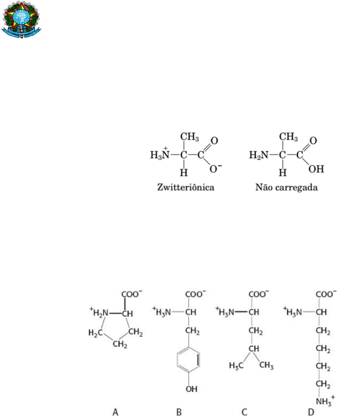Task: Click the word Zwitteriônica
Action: click(185, 187)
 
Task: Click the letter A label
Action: click(115, 412)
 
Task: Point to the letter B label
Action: click(179, 412)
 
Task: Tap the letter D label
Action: click(318, 412)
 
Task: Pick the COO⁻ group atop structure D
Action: click(326, 294)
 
